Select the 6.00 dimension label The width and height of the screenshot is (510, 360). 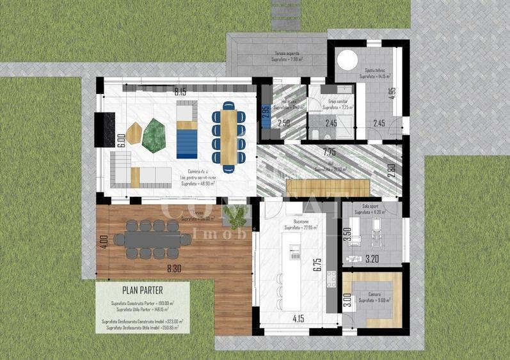click(121, 141)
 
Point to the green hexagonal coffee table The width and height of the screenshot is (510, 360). click(154, 134)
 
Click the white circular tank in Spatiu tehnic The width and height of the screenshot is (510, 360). click(346, 61)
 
